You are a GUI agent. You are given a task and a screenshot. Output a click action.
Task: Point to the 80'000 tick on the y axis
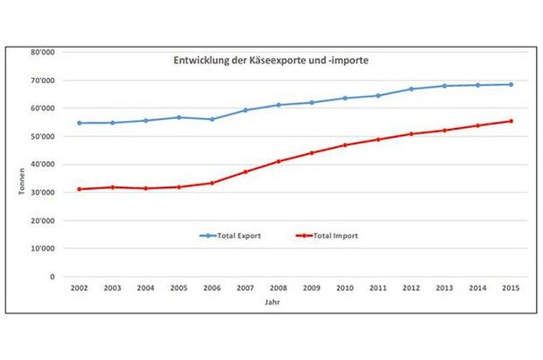[42, 52]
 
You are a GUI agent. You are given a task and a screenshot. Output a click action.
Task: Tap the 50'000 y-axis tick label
[42, 136]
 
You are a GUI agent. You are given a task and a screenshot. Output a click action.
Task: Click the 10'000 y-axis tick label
[42, 248]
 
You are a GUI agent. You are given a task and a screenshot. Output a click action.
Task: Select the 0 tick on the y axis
[52, 277]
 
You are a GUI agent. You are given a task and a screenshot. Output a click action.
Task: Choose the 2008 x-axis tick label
[279, 289]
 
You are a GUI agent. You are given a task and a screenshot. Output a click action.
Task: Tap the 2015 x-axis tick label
[509, 289]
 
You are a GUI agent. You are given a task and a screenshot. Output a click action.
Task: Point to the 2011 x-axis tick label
[377, 289]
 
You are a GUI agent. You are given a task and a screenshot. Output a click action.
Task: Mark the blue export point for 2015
[509, 84]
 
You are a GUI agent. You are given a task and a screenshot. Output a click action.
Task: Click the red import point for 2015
[509, 121]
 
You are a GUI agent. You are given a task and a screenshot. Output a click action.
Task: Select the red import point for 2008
[279, 161]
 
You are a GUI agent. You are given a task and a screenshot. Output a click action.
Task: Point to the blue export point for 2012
[410, 89]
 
